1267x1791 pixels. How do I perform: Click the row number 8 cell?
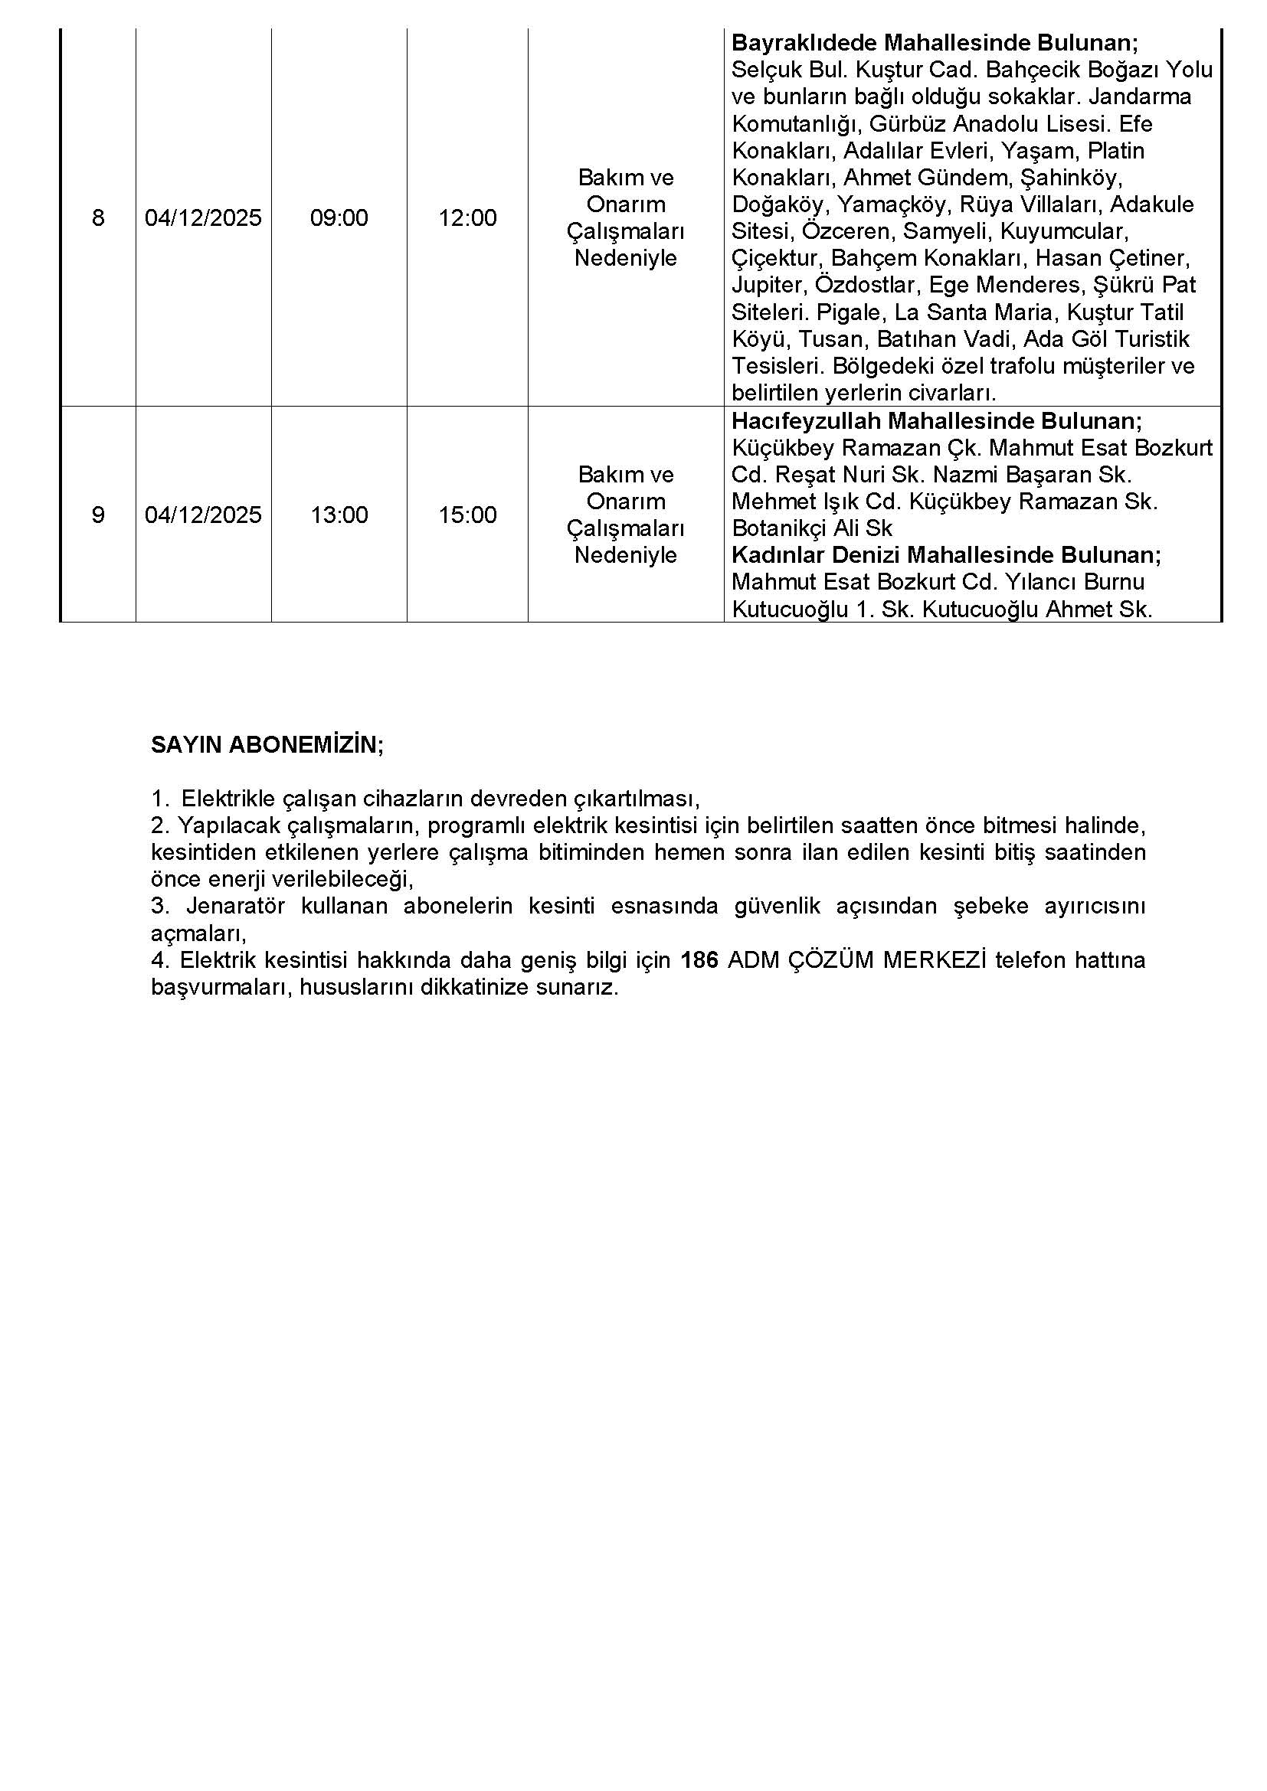point(97,217)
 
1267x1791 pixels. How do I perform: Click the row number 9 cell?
point(97,515)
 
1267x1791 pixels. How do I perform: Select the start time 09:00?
point(339,217)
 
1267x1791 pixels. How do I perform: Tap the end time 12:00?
point(467,217)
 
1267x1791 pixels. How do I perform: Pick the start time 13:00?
point(339,515)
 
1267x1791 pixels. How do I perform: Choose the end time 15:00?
point(467,515)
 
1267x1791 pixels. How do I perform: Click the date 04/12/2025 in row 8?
point(203,217)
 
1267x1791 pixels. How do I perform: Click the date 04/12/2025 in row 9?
point(203,515)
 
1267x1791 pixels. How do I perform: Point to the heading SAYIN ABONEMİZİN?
point(267,745)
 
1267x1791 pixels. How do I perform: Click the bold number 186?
point(699,960)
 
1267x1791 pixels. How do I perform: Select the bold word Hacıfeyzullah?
point(806,421)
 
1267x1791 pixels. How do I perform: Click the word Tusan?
point(831,339)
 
